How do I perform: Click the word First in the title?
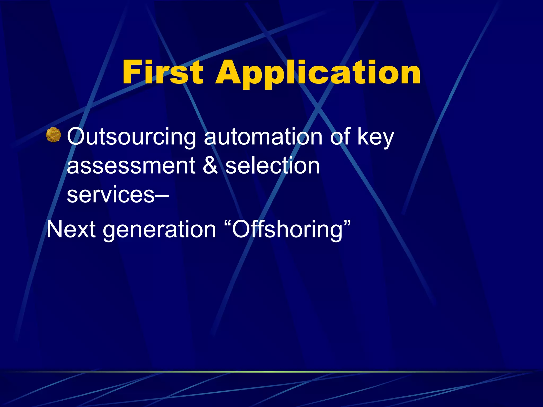(x=163, y=72)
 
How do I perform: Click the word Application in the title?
(x=318, y=73)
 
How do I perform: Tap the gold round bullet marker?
(x=53, y=135)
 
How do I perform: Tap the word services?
(x=111, y=195)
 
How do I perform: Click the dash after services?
(x=162, y=196)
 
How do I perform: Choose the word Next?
(x=71, y=229)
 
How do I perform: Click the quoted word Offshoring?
(x=287, y=229)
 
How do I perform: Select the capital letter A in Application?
(x=230, y=72)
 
